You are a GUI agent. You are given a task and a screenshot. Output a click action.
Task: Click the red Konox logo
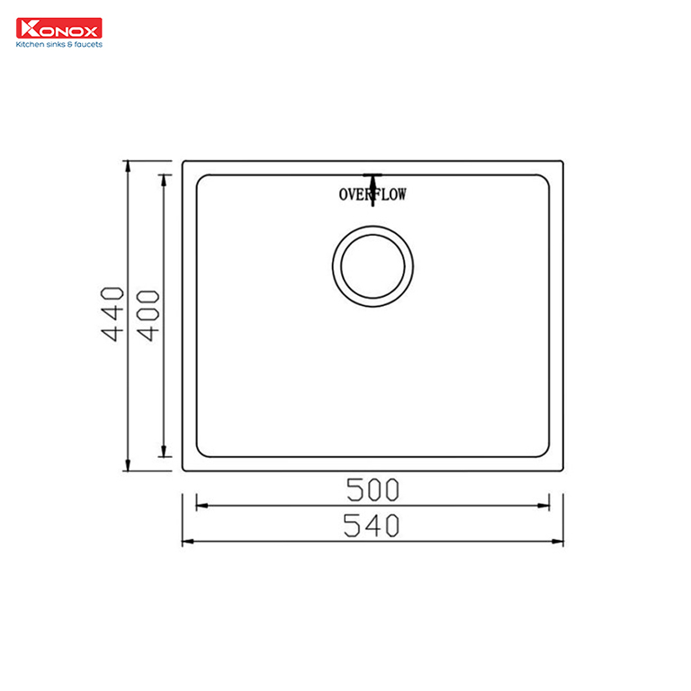click(59, 28)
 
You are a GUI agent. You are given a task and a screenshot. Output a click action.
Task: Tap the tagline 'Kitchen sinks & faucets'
click(59, 44)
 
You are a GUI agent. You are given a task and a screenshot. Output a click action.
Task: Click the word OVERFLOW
click(372, 194)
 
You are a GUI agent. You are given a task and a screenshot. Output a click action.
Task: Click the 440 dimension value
click(112, 314)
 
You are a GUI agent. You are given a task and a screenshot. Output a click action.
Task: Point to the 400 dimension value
click(148, 316)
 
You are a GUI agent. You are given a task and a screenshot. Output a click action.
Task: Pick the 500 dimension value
click(372, 489)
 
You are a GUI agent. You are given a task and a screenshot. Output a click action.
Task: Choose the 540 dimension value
click(372, 525)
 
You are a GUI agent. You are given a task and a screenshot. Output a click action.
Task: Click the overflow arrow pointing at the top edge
click(372, 191)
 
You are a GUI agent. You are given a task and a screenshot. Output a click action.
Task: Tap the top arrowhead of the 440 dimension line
click(128, 166)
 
